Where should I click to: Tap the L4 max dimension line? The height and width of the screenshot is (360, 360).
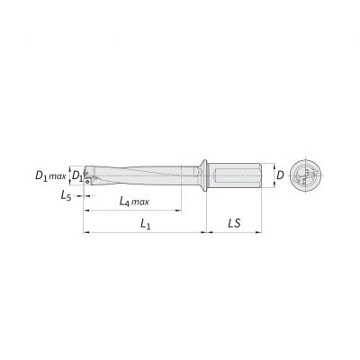coord(135,212)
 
